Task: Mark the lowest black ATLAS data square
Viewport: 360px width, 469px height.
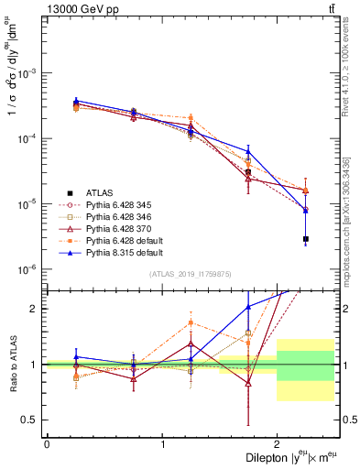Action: (x=306, y=239)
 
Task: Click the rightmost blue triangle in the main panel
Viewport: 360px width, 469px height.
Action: (x=306, y=211)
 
